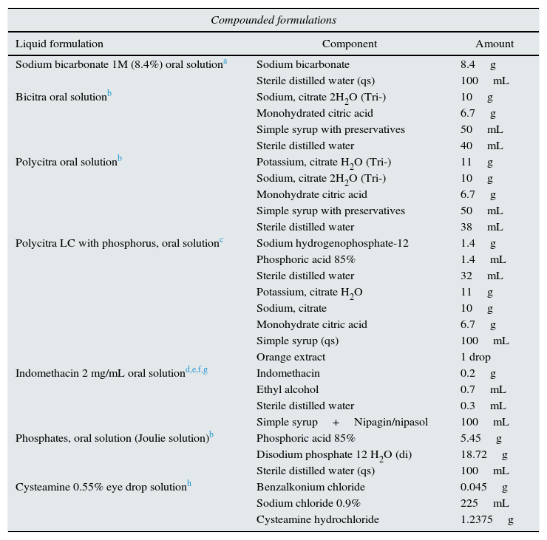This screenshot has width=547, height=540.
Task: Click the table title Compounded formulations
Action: pyautogui.click(x=273, y=20)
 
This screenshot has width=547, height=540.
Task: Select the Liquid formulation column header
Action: pyautogui.click(x=59, y=44)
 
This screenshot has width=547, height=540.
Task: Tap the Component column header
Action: pyautogui.click(x=349, y=44)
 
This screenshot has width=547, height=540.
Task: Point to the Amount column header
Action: pyautogui.click(x=494, y=44)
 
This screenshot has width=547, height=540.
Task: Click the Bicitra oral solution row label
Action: pyautogui.click(x=61, y=97)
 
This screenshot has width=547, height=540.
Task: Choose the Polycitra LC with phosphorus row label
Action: pyautogui.click(x=117, y=243)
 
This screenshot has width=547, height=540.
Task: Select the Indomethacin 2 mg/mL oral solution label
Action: pyautogui.click(x=100, y=373)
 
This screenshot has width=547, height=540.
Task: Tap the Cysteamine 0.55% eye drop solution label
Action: pyautogui.click(x=101, y=487)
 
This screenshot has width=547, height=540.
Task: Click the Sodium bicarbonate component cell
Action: pyautogui.click(x=303, y=64)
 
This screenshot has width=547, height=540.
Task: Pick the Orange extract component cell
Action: pyautogui.click(x=291, y=357)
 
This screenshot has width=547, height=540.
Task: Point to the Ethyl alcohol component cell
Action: pyautogui.click(x=288, y=389)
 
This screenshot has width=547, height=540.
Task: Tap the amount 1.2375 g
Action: pyautogui.click(x=486, y=519)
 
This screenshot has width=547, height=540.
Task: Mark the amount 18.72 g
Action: pyautogui.click(x=483, y=454)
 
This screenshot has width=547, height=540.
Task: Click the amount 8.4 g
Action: pyautogui.click(x=478, y=64)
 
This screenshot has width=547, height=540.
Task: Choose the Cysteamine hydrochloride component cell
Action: pyautogui.click(x=318, y=519)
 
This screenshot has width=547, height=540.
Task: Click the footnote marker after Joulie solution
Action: pyautogui.click(x=211, y=435)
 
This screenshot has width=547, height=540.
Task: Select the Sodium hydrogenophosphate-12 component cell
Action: pyautogui.click(x=333, y=243)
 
